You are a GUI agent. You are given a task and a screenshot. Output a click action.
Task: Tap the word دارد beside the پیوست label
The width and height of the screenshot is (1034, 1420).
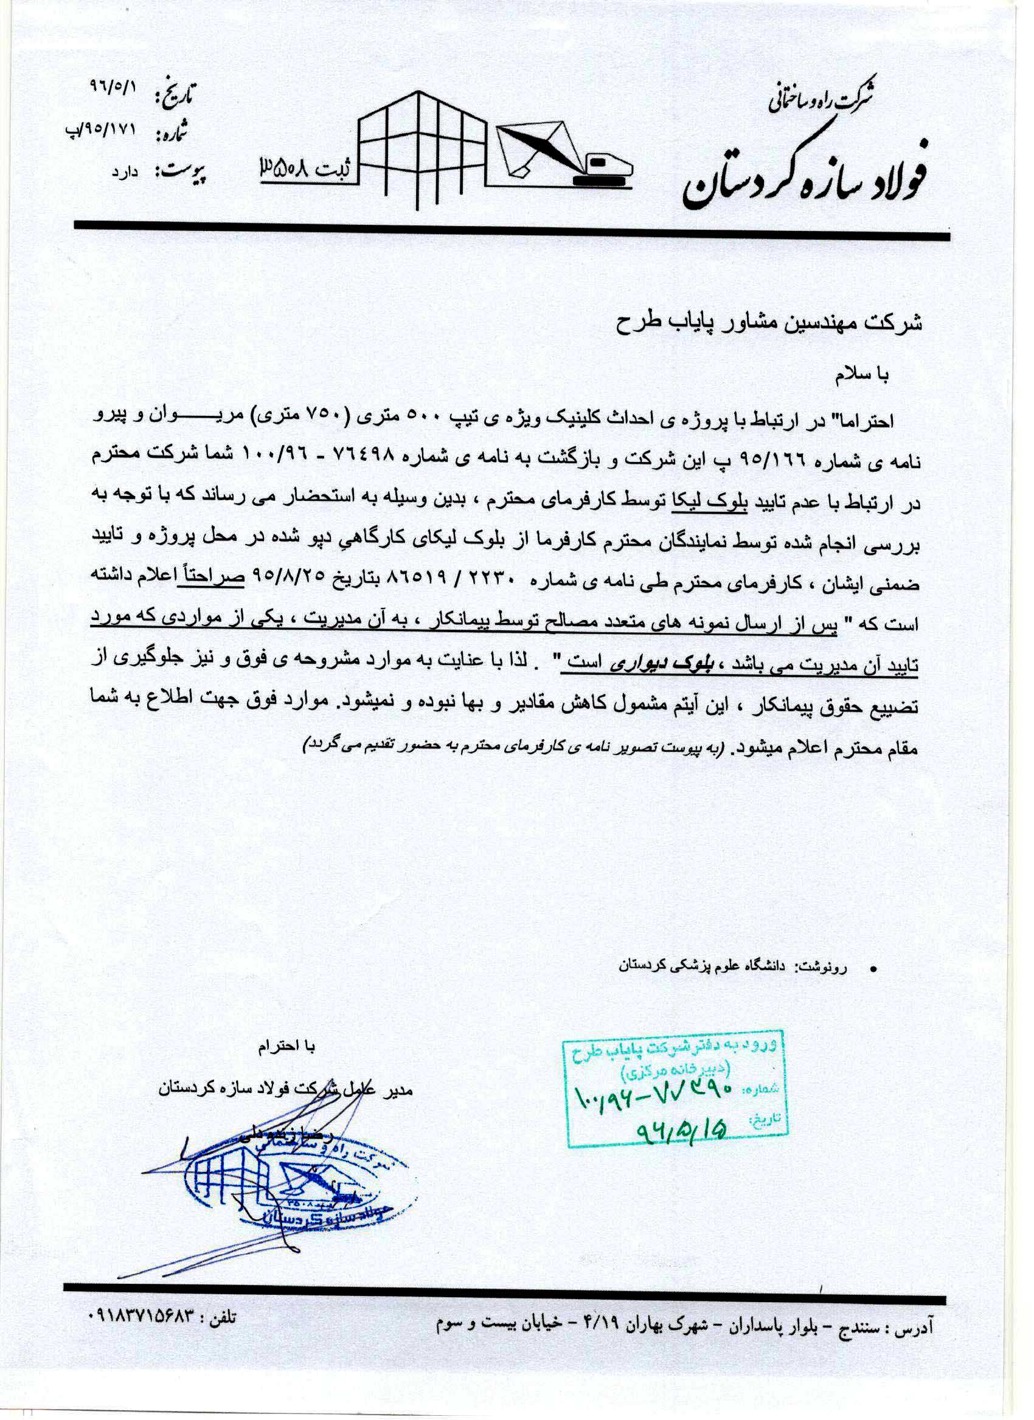click(x=124, y=170)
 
